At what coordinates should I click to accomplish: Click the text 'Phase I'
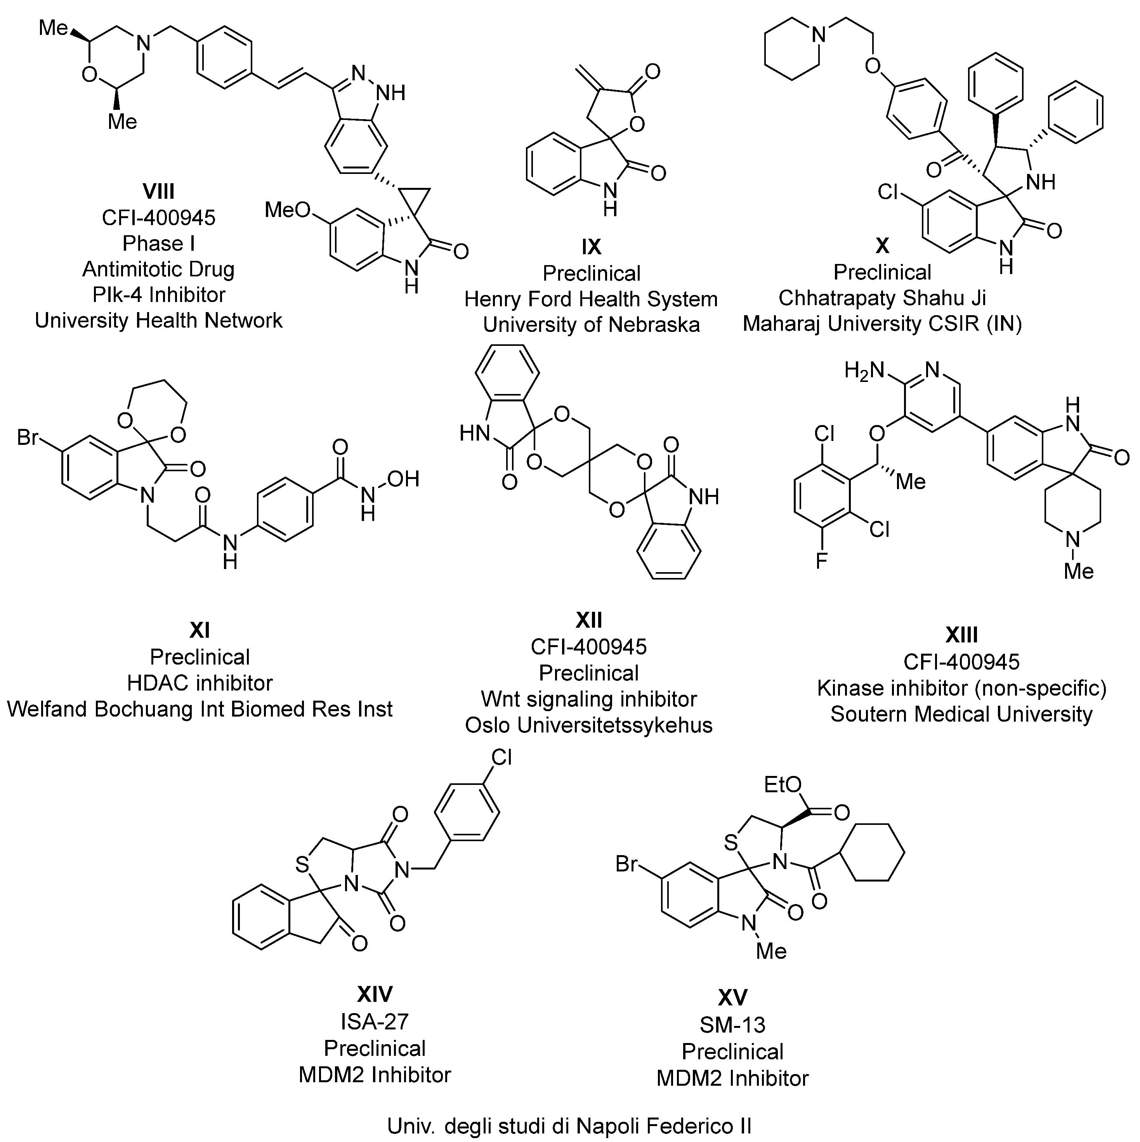[158, 243]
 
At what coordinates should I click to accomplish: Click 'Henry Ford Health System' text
[591, 299]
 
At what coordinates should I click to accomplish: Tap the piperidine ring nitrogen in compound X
[819, 35]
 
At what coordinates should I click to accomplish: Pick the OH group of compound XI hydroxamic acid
[403, 479]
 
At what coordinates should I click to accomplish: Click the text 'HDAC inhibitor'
[200, 683]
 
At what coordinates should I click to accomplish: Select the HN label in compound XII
[475, 434]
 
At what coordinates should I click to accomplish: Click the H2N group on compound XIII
[864, 371]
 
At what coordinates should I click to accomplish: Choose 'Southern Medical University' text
[961, 714]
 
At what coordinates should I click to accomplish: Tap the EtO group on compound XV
[783, 784]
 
